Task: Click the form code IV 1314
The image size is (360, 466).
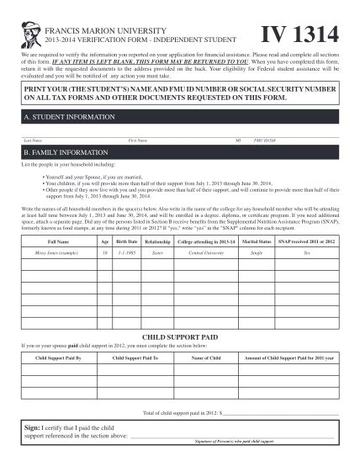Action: (299, 34)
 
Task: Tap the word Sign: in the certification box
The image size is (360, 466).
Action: (34, 429)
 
